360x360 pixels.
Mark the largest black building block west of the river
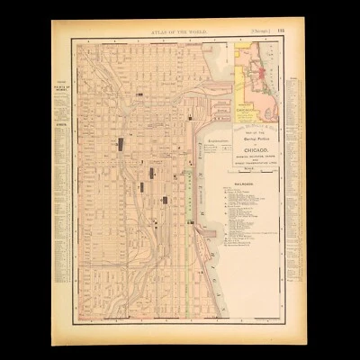(121, 143)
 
